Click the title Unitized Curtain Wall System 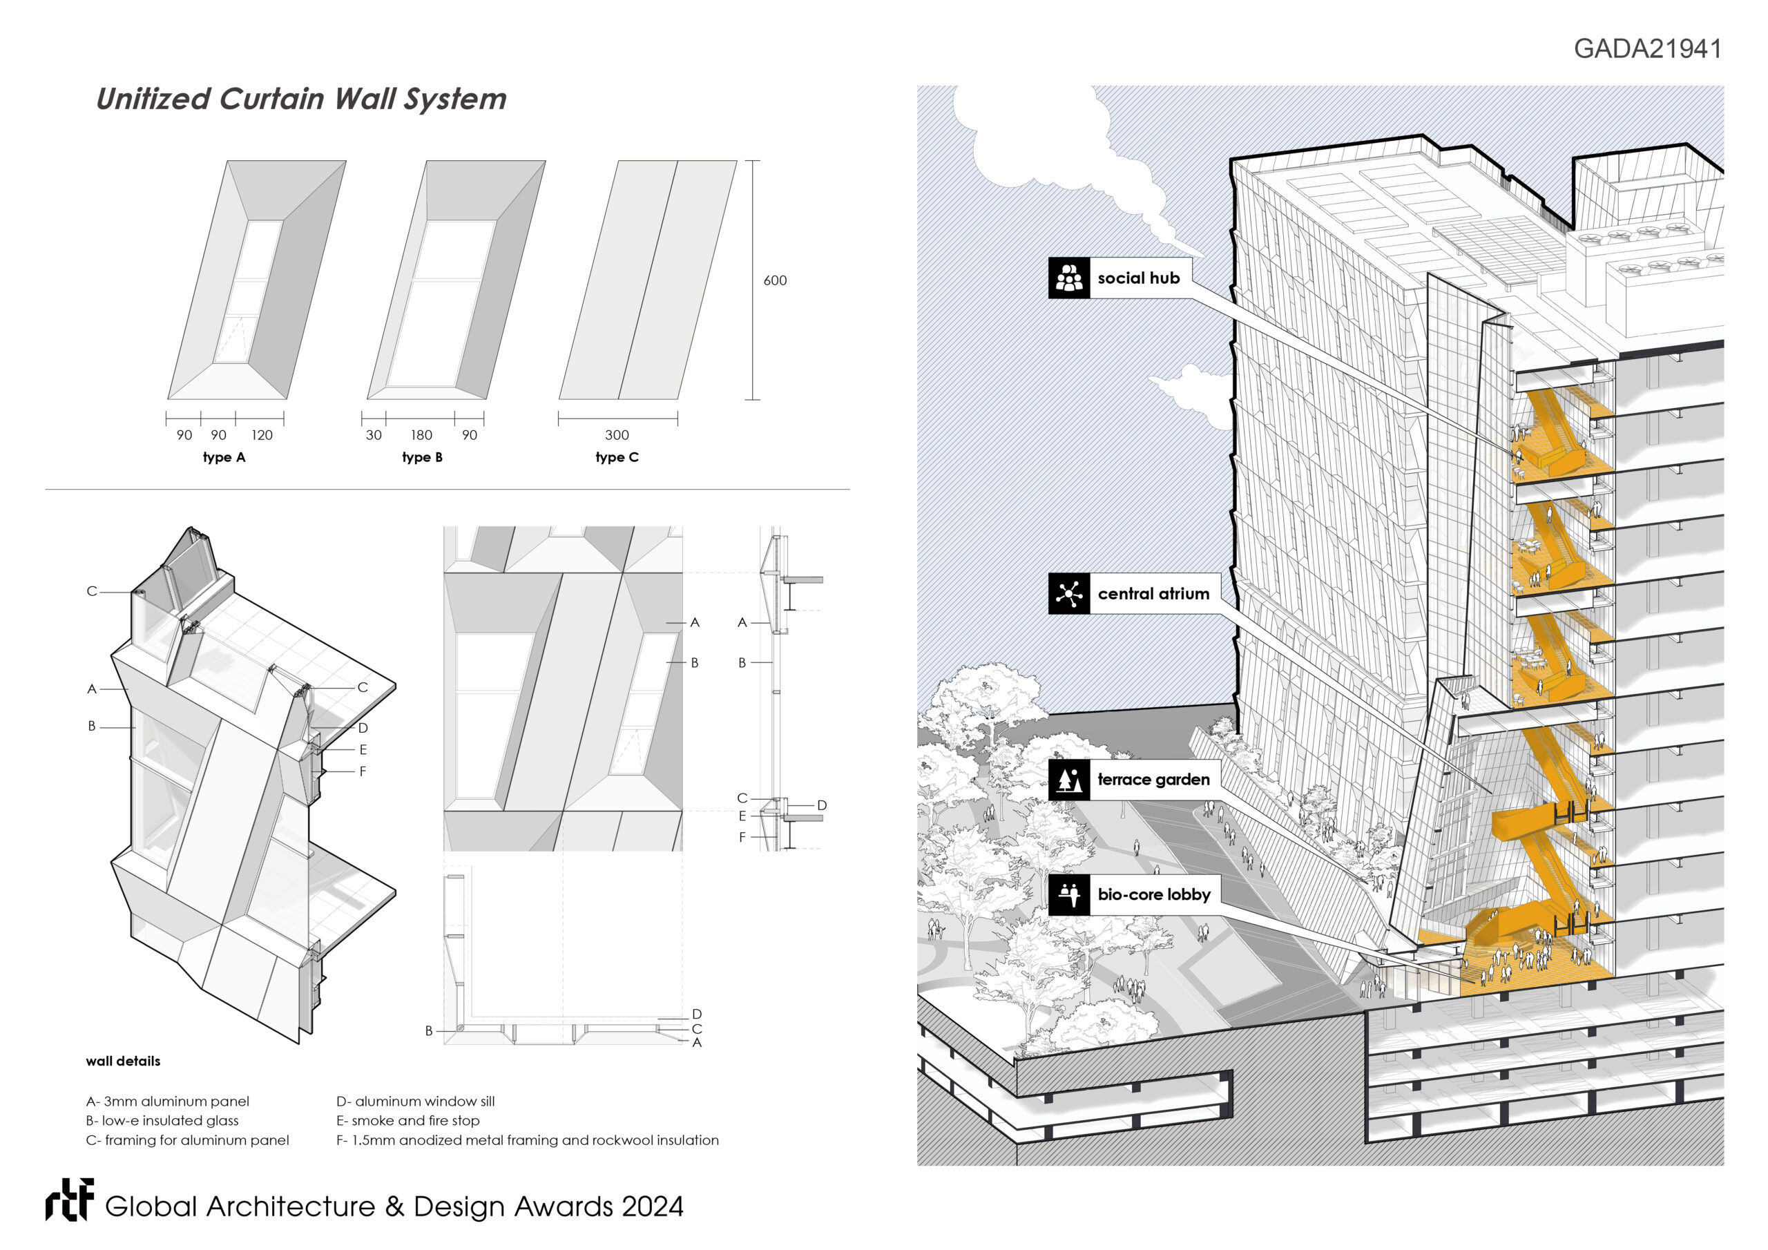click(x=301, y=99)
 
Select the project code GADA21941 click(x=1647, y=48)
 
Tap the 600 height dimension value click(x=775, y=280)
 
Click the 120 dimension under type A click(x=262, y=435)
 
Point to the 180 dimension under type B click(x=421, y=435)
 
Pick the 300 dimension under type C click(x=617, y=435)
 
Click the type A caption click(x=224, y=457)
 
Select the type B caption click(x=422, y=457)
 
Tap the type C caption click(x=617, y=457)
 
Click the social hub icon click(x=1069, y=278)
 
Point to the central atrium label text click(x=1153, y=594)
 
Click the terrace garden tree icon click(x=1069, y=780)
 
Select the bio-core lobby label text click(x=1153, y=894)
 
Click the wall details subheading click(x=123, y=1061)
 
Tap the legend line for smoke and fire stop click(x=408, y=1121)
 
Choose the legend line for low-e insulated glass click(x=162, y=1121)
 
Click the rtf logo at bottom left click(x=69, y=1200)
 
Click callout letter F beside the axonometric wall click(x=363, y=771)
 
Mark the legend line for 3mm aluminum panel click(x=168, y=1102)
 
